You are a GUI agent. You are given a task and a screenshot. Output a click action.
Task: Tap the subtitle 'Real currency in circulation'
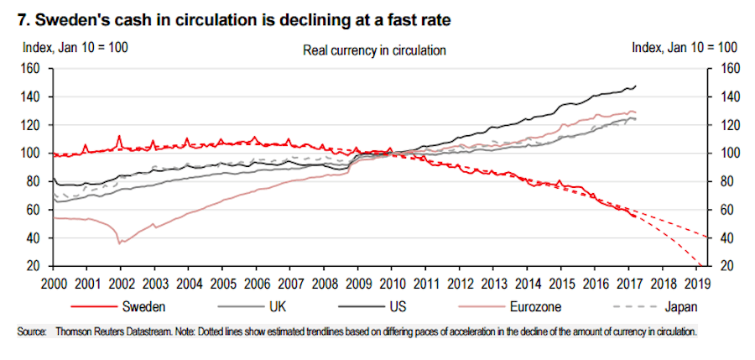(373, 50)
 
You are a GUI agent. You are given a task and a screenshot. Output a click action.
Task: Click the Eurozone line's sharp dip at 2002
(119, 243)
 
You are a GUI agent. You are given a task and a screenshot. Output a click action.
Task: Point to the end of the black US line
(636, 86)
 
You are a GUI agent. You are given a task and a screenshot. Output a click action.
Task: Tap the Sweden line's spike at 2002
(119, 136)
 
